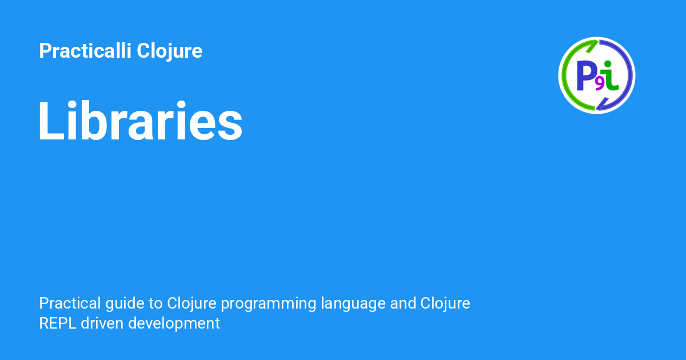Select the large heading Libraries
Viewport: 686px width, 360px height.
[x=141, y=122]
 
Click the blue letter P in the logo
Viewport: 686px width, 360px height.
[x=585, y=76]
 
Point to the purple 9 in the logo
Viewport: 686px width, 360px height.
[x=599, y=84]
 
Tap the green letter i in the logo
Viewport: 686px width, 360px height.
[x=611, y=75]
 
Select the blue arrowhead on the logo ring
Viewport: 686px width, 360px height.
[x=601, y=105]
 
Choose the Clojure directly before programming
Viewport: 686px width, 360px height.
[x=192, y=303]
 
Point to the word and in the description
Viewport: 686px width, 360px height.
[x=403, y=303]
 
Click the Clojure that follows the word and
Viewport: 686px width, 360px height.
[x=445, y=303]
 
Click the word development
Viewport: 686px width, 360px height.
[x=174, y=323]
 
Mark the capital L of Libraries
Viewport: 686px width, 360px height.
[x=50, y=122]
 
